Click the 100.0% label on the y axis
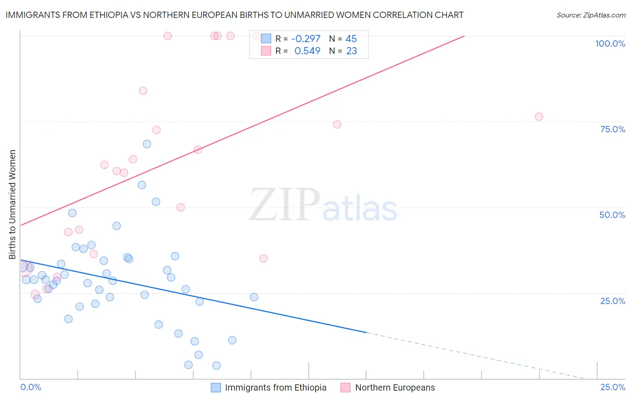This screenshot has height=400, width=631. pyautogui.click(x=610, y=43)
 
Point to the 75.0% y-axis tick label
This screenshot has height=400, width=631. pyautogui.click(x=613, y=129)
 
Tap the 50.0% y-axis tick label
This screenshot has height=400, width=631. pyautogui.click(x=612, y=215)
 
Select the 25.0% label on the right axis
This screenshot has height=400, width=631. pyautogui.click(x=613, y=300)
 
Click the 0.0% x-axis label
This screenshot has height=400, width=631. pyautogui.click(x=31, y=387)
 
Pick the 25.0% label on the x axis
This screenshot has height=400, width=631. pyautogui.click(x=613, y=387)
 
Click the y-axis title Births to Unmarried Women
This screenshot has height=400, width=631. pyautogui.click(x=12, y=204)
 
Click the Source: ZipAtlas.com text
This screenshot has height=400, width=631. pyautogui.click(x=591, y=15)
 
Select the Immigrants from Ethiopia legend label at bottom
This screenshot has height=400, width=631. pyautogui.click(x=276, y=387)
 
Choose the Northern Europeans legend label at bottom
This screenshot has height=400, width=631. pyautogui.click(x=395, y=387)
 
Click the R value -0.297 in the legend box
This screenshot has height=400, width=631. pyautogui.click(x=306, y=39)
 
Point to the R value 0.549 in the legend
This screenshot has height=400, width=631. pyautogui.click(x=307, y=51)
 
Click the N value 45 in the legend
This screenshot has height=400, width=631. pyautogui.click(x=351, y=39)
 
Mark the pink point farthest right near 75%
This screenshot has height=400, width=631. pyautogui.click(x=539, y=117)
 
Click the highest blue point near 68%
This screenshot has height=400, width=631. pyautogui.click(x=147, y=144)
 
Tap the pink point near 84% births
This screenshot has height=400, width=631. pyautogui.click(x=143, y=91)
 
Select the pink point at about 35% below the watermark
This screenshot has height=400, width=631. pyautogui.click(x=263, y=258)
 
